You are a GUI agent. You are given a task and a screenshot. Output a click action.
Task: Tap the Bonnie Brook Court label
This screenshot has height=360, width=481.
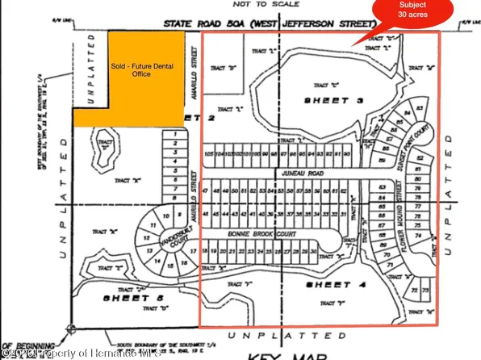pyautogui.click(x=253, y=232)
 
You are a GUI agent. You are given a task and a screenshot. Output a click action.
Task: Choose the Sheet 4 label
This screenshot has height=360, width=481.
pyautogui.click(x=329, y=286)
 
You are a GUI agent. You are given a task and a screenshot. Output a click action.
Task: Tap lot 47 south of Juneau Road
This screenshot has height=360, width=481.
pyautogui.click(x=207, y=190)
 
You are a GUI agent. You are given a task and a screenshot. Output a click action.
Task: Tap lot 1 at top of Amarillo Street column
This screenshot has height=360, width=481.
pyautogui.click(x=174, y=135)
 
